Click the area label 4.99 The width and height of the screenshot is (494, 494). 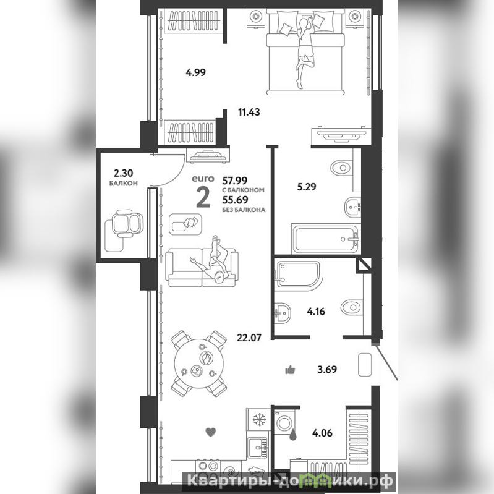[x=195, y=72]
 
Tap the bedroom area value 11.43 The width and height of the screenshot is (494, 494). [x=249, y=112]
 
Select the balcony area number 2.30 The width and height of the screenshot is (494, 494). [x=123, y=173]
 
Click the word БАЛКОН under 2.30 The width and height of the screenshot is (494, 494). [x=123, y=184]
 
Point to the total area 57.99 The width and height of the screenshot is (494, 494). [x=235, y=181]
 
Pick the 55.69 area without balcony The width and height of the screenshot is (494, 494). [x=235, y=200]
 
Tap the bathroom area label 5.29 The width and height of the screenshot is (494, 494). [x=307, y=187]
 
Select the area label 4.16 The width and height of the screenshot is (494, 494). [x=316, y=312]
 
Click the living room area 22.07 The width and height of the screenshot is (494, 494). [x=249, y=338]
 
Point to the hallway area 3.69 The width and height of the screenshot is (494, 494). [x=327, y=369]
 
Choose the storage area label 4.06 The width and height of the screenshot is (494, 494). [x=322, y=433]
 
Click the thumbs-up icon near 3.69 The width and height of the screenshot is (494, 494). [x=290, y=370]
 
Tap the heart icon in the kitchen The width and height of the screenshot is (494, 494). [x=210, y=432]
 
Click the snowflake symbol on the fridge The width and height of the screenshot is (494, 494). [x=260, y=420]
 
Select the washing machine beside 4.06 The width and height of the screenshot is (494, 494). [x=284, y=422]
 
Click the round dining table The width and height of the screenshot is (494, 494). [x=199, y=364]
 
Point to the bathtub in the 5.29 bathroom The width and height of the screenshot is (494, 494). [x=326, y=239]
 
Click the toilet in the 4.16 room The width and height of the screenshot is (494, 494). [x=352, y=307]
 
